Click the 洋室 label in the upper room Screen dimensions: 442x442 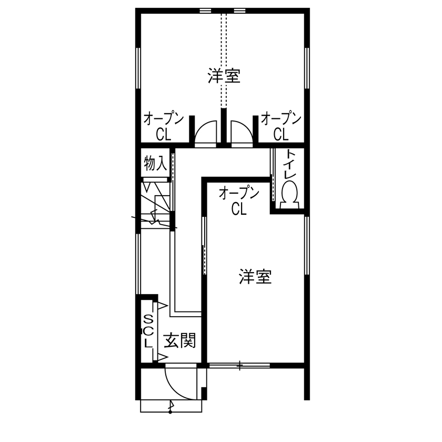(224, 77)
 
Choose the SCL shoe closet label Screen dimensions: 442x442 (148, 331)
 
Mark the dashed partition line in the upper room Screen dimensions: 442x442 (224, 58)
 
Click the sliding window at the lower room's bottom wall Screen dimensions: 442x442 (239, 365)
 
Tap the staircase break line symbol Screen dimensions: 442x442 (155, 217)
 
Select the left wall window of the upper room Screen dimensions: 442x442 (139, 68)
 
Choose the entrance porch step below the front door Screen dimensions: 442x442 (170, 406)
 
